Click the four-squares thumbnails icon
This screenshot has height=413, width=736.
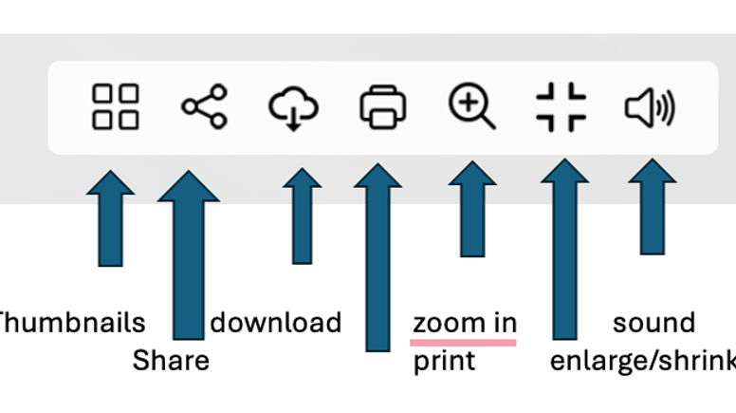(x=116, y=106)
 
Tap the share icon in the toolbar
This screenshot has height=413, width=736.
(x=205, y=106)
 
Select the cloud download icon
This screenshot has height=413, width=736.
(x=294, y=107)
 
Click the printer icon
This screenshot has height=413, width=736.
(x=383, y=106)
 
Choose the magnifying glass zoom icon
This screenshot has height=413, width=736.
(x=471, y=106)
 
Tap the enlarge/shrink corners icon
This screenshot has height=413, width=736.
(x=561, y=106)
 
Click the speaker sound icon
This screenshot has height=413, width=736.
(x=650, y=107)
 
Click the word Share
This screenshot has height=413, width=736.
(x=171, y=361)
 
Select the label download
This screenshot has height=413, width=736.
(x=276, y=323)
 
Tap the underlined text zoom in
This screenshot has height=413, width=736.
(x=465, y=324)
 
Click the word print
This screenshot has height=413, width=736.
(x=444, y=362)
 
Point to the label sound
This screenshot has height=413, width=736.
(x=653, y=323)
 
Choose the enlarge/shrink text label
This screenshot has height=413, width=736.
(x=642, y=362)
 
